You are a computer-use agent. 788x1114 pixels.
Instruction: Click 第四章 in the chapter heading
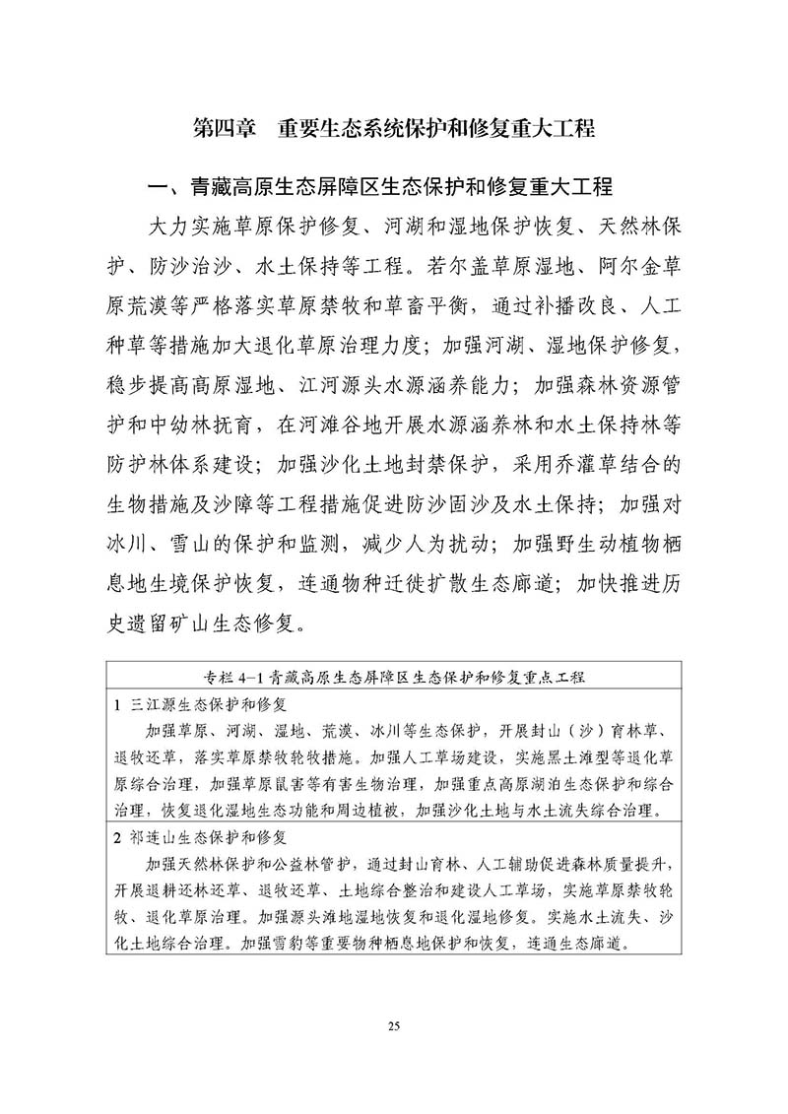pos(224,129)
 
